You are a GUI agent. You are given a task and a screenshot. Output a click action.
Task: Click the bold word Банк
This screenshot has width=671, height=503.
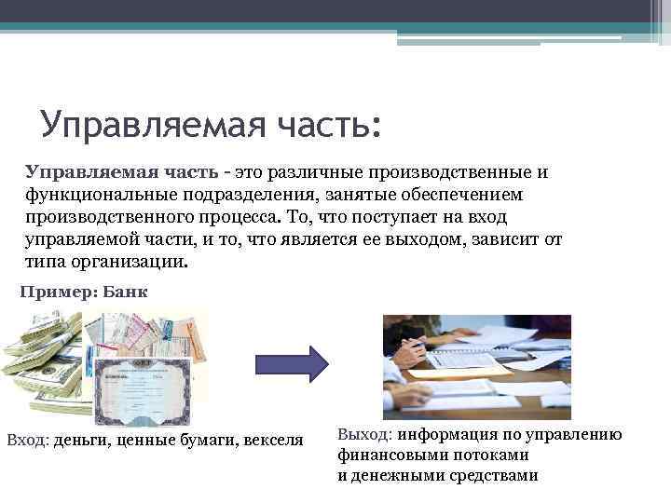125,292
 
